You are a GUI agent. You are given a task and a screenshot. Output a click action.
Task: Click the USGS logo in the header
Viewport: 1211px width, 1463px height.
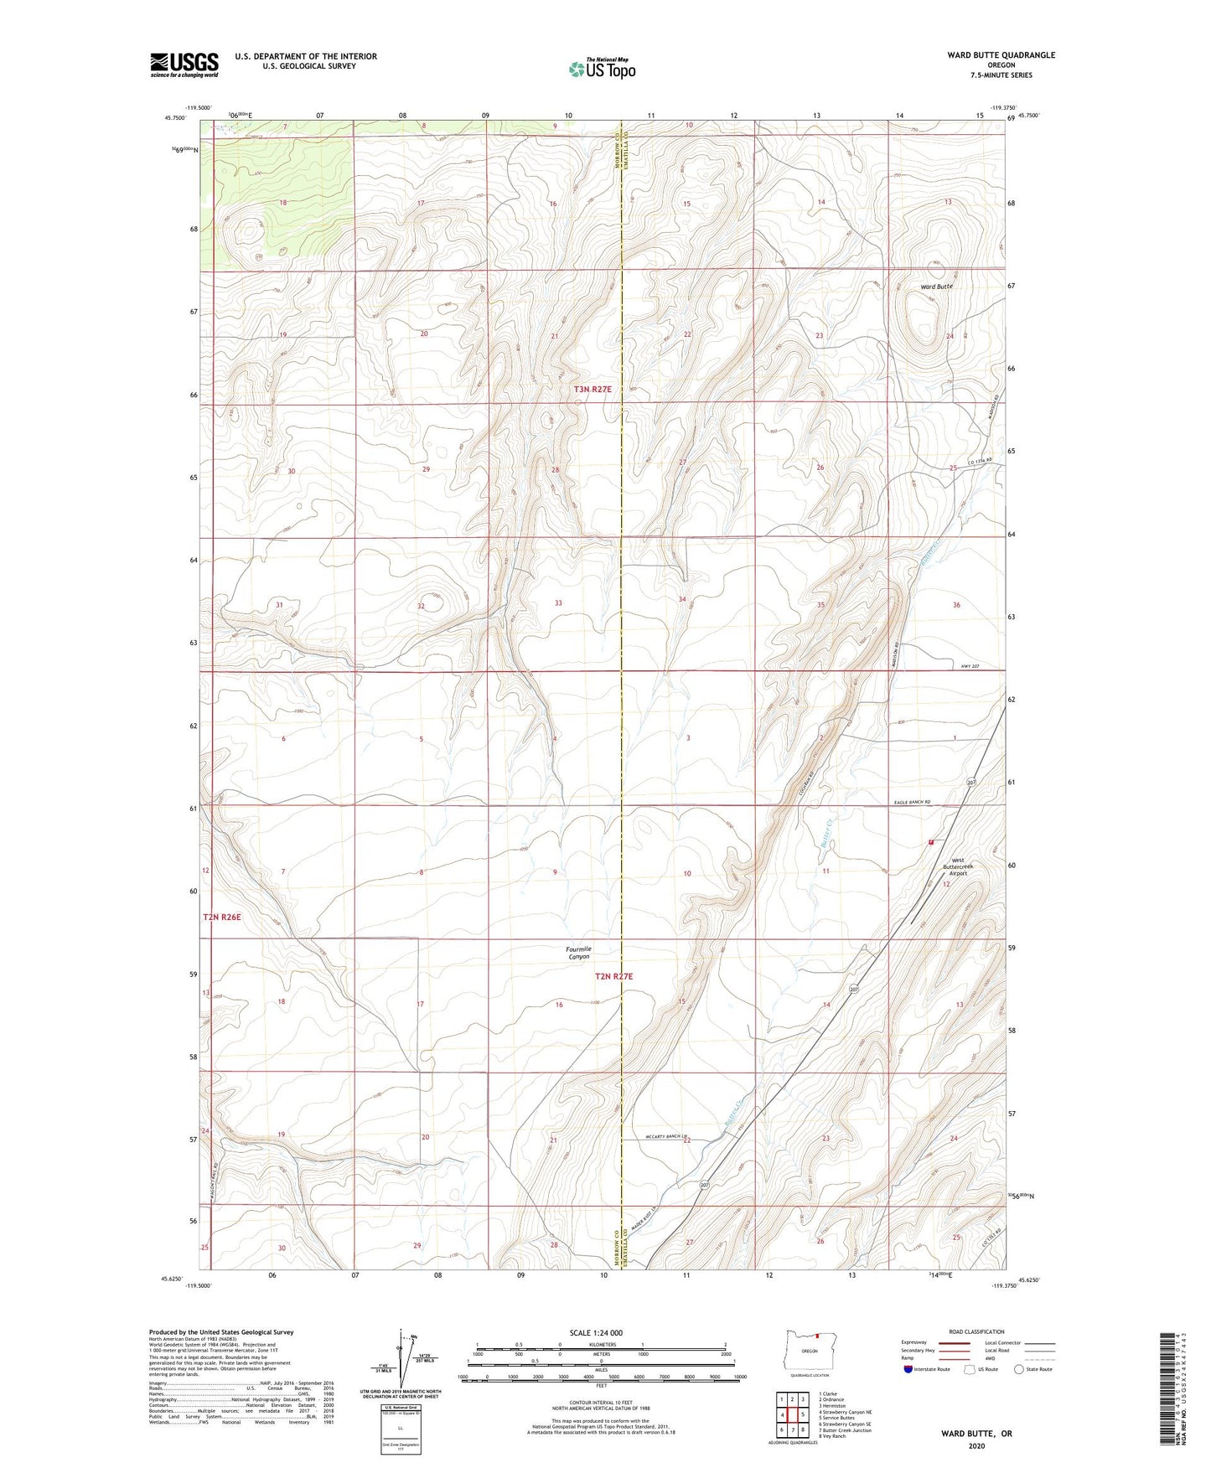click(184, 65)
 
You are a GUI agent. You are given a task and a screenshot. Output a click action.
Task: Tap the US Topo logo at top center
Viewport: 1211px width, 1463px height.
click(602, 69)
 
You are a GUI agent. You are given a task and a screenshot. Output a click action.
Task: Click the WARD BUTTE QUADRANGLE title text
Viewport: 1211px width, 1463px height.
click(1001, 55)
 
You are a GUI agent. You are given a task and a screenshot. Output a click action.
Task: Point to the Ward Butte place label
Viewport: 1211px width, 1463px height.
click(936, 287)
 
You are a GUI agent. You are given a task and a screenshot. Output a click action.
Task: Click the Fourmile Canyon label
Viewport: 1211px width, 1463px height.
click(579, 953)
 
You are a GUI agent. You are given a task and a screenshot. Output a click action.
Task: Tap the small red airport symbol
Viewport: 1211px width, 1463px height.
click(931, 842)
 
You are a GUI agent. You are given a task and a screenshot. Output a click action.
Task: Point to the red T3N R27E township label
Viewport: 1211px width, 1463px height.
click(593, 390)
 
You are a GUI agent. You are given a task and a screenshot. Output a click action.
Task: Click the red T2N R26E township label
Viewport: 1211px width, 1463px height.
click(222, 918)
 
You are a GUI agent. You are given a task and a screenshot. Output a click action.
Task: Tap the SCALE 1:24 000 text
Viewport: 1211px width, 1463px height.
click(596, 1332)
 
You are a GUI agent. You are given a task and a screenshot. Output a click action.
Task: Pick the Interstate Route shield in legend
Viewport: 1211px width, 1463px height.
click(908, 1369)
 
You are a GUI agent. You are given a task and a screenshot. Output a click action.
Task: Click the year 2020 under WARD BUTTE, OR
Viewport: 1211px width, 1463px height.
click(976, 1445)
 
